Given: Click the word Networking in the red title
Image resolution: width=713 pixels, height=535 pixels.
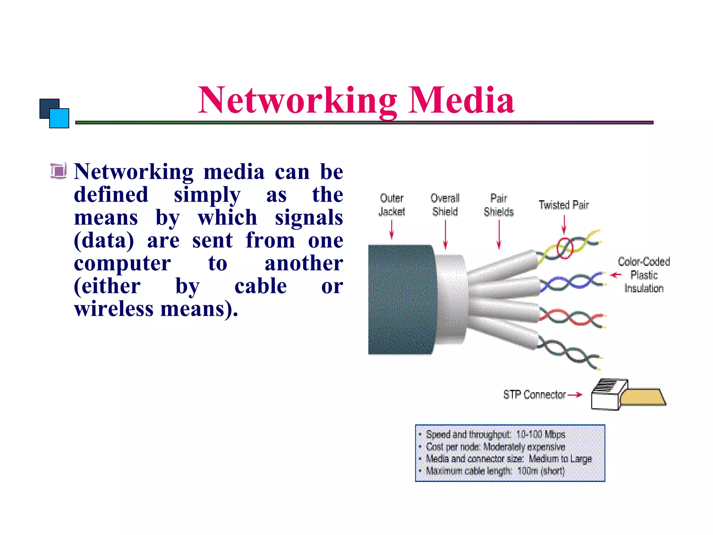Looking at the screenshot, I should (x=297, y=101).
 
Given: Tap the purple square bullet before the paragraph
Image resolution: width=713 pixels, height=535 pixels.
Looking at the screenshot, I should (x=58, y=171).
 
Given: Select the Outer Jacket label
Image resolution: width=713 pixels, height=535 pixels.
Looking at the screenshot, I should (x=392, y=205).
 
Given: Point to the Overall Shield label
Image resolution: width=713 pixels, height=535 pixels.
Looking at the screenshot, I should (x=445, y=205).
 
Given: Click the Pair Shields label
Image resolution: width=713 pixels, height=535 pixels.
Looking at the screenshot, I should (x=499, y=205).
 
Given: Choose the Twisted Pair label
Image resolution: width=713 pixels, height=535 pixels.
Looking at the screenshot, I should (x=564, y=205).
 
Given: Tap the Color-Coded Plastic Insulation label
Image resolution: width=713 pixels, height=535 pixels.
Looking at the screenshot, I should (x=644, y=275).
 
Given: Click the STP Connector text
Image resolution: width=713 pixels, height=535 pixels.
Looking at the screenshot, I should (x=534, y=395).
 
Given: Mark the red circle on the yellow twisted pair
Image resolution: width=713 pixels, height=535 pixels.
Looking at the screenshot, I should (x=564, y=248).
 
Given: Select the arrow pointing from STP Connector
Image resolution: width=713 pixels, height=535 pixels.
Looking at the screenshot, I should (x=575, y=395).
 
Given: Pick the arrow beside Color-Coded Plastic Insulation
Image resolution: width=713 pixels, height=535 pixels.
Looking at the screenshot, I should (x=616, y=275).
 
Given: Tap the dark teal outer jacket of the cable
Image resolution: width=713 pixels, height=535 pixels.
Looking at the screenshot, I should (x=400, y=300).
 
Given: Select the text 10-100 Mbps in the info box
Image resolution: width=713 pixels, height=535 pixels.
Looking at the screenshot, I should (x=540, y=434).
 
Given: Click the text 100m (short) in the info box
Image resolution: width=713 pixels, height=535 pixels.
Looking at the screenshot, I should (x=541, y=471).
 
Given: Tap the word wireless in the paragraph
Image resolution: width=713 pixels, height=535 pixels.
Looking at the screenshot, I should (x=113, y=309).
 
